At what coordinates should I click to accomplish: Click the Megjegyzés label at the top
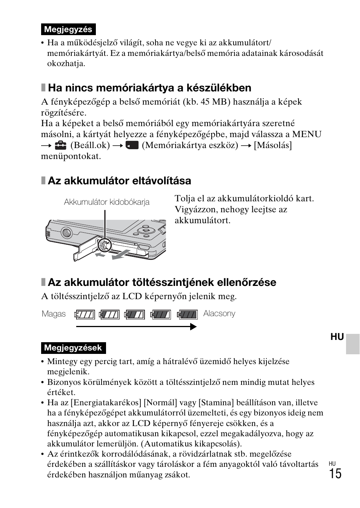tap(68, 29)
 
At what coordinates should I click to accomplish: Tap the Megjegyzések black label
tap(73, 348)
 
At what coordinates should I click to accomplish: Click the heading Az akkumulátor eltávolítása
tap(119, 181)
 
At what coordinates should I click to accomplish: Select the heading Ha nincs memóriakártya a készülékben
tap(149, 88)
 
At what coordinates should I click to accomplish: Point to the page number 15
tap(335, 474)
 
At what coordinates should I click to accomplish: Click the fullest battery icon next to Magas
tap(85, 314)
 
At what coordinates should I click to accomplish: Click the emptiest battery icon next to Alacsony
tap(188, 314)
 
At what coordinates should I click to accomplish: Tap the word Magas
tap(54, 314)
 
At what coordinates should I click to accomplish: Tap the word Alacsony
tap(219, 313)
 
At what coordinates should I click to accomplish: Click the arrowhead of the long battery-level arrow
tap(194, 327)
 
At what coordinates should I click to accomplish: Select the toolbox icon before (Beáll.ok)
tap(60, 145)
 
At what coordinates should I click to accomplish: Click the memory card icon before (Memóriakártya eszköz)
tap(132, 145)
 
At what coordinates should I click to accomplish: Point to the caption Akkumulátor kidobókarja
tap(106, 202)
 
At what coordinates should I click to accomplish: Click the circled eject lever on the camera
tap(102, 246)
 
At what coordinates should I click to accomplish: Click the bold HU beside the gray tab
tap(337, 337)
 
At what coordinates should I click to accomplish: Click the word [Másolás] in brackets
tap(272, 145)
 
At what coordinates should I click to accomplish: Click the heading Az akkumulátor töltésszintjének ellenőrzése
tap(162, 283)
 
